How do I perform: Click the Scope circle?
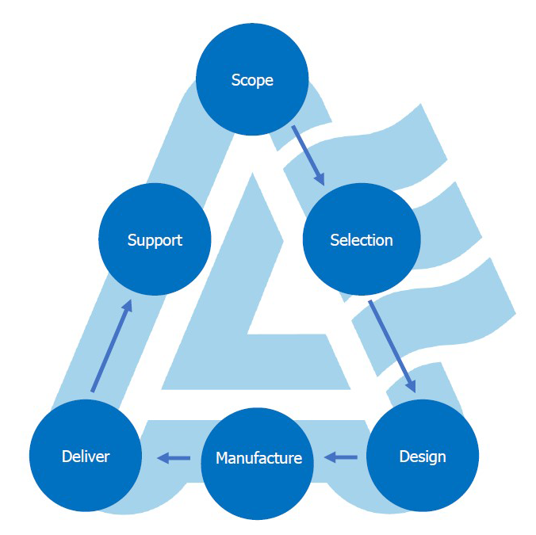(x=252, y=80)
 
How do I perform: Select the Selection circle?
(x=361, y=239)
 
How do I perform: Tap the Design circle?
(x=422, y=457)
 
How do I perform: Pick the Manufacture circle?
(x=258, y=458)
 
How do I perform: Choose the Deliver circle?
(x=86, y=457)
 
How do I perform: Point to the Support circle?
(x=155, y=239)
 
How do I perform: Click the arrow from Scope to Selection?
(x=308, y=155)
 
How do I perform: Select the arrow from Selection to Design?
(x=392, y=345)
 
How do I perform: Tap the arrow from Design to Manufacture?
(x=342, y=457)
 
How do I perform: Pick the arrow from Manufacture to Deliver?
(x=174, y=457)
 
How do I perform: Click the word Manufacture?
(x=258, y=458)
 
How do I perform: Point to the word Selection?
(x=361, y=239)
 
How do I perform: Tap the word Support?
(x=155, y=239)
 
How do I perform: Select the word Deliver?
(x=86, y=457)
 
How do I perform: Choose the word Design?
(x=422, y=457)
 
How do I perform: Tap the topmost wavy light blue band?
(x=396, y=139)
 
